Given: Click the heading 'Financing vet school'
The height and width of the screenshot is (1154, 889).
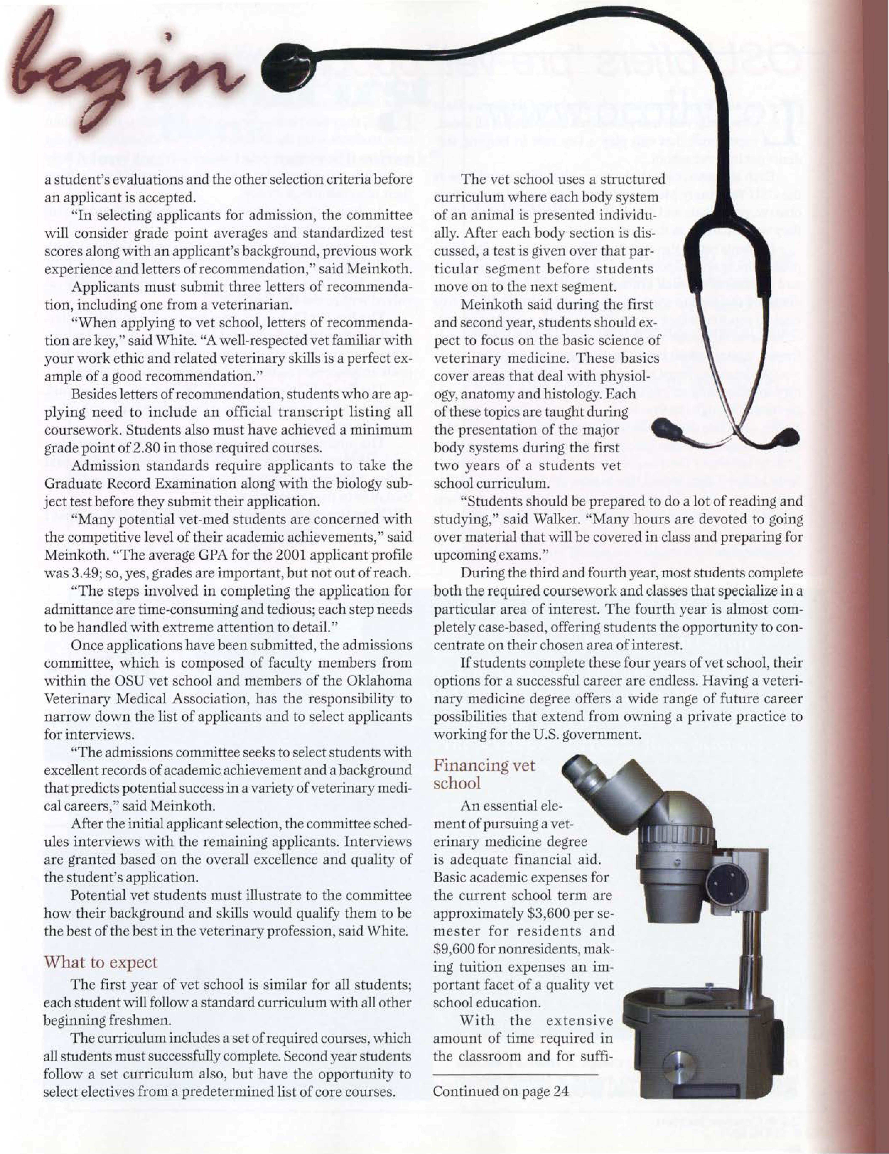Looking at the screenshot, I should click(484, 773).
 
